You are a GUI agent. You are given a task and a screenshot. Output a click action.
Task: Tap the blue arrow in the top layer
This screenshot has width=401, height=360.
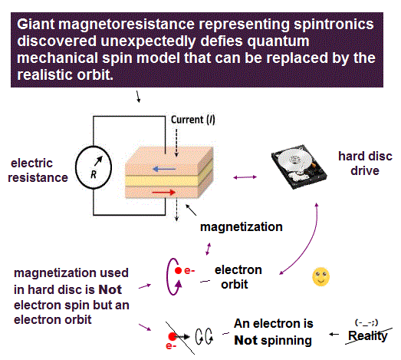pos(164,169)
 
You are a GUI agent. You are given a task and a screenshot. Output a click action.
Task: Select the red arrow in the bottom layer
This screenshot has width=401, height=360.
pos(164,193)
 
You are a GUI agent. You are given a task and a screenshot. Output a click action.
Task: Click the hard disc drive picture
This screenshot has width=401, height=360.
pos(299,167)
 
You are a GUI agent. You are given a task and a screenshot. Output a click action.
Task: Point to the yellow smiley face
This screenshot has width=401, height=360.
pos(321,277)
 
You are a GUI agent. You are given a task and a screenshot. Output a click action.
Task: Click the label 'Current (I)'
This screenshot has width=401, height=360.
pos(192,120)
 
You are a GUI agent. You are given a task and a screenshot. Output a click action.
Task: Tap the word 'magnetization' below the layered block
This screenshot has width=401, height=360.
pos(242,227)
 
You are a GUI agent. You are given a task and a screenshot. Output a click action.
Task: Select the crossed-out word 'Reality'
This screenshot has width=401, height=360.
pos(368,335)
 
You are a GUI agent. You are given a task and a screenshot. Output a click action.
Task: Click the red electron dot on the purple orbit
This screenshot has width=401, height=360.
pos(178,270)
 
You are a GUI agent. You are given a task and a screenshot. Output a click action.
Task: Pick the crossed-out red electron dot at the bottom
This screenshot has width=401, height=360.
pos(173,336)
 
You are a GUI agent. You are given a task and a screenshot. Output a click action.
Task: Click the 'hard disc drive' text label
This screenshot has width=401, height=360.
pos(365,163)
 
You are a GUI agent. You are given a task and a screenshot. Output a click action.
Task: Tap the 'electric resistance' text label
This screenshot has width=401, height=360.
pos(38,170)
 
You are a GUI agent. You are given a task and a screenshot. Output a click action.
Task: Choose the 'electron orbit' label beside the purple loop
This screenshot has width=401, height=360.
pos(238,277)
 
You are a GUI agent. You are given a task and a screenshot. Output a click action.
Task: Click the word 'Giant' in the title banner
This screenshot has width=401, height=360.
pos(36,25)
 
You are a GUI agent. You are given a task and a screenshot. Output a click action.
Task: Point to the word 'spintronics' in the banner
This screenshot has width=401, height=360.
pos(334,25)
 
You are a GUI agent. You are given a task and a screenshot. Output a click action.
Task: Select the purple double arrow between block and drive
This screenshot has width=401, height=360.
pos(245,177)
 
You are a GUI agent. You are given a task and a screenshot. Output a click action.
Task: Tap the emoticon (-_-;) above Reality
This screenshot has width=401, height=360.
pos(366,323)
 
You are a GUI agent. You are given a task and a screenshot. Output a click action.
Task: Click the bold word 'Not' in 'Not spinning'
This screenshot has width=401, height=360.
pos(246,341)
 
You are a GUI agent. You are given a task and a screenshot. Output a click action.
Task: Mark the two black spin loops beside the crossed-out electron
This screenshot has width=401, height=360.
pos(204,336)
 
